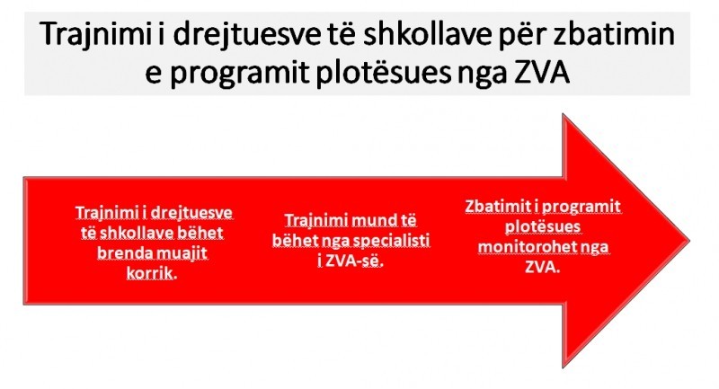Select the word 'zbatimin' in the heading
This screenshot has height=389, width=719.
[615, 33]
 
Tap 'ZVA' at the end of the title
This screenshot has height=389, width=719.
[542, 73]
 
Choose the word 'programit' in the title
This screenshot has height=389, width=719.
[240, 75]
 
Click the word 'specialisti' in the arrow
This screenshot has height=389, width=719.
[390, 241]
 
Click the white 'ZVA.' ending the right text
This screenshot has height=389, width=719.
[543, 267]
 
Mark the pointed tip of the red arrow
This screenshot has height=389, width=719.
[689, 241]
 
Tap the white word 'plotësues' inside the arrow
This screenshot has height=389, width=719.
[543, 226]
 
